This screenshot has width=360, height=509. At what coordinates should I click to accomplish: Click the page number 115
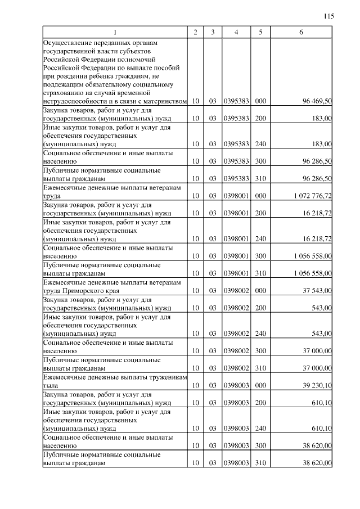(330, 16)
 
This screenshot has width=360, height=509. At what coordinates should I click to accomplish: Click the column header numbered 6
(301, 32)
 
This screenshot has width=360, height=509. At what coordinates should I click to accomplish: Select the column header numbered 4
(236, 32)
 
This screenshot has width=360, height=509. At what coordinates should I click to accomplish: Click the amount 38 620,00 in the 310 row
(317, 463)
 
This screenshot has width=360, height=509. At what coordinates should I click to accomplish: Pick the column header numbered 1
(115, 32)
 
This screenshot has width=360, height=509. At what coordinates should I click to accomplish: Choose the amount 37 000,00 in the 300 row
(317, 350)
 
